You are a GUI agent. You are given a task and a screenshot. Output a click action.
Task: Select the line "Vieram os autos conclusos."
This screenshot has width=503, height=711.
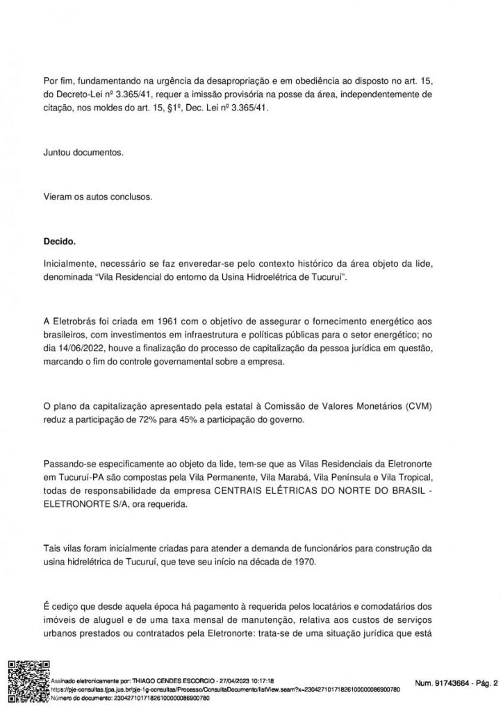(x=97, y=196)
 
